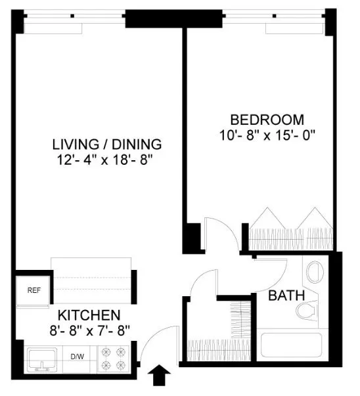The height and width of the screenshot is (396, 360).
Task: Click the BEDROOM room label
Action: tap(267, 120)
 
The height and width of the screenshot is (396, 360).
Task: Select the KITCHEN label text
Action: tap(88, 315)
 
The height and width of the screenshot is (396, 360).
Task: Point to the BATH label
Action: tap(286, 296)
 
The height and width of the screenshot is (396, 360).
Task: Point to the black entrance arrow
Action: tap(158, 378)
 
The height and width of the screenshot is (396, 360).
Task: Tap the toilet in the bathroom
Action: tap(307, 309)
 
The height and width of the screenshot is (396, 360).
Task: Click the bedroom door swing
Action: tap(217, 230)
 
